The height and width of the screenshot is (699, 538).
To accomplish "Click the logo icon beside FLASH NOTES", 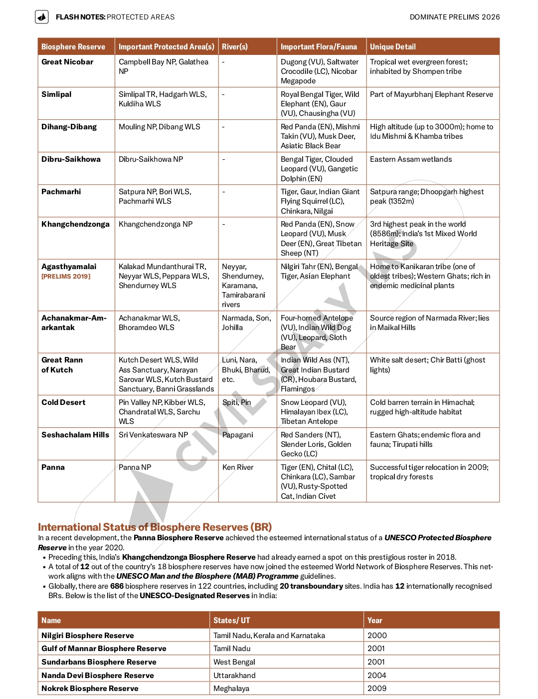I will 42,17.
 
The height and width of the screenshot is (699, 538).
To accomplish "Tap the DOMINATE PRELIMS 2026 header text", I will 454,17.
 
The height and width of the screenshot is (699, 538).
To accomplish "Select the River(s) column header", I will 235,47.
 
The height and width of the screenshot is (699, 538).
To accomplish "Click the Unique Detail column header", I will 392,47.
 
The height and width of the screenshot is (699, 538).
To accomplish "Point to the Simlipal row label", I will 56,94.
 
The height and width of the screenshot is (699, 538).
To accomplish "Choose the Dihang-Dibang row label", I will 69,127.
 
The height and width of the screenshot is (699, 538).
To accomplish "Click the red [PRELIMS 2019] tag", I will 66,276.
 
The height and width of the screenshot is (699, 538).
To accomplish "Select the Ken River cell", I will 238,467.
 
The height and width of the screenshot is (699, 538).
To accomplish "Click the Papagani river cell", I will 238,435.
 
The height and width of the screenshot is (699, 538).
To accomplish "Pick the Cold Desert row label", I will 63,402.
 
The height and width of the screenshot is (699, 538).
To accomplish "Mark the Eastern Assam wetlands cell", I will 411,159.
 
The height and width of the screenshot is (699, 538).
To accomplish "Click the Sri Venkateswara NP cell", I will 154,435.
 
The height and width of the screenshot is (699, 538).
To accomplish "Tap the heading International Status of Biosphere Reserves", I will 155,527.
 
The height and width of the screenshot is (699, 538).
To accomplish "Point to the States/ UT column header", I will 231,621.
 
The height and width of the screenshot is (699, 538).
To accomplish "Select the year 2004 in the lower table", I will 377,676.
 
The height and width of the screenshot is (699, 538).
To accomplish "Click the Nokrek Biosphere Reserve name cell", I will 90,689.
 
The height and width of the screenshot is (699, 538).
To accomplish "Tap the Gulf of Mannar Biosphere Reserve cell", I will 104,649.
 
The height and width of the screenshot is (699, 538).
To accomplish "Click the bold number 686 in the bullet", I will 117,586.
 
